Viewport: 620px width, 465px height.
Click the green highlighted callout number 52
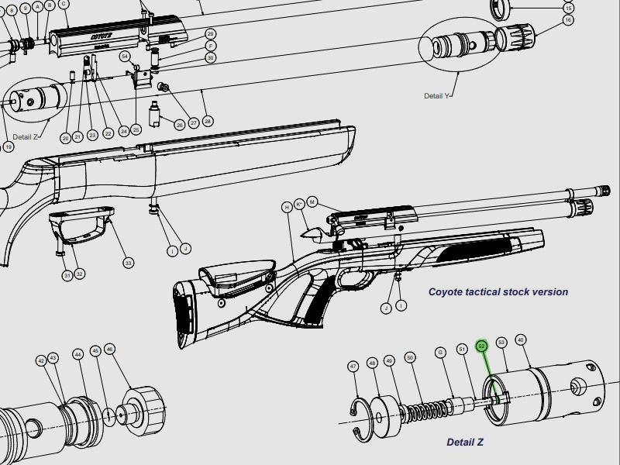click(481, 346)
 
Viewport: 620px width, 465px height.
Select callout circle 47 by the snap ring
click(353, 366)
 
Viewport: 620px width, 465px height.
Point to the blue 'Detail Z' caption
click(465, 443)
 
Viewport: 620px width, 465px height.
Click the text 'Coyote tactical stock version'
click(498, 292)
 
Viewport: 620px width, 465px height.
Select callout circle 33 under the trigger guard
click(129, 263)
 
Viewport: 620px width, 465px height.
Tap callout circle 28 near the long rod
click(207, 122)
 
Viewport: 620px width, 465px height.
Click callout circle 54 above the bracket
click(125, 57)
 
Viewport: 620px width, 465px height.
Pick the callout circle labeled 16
click(568, 19)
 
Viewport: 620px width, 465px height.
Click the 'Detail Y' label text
click(436, 96)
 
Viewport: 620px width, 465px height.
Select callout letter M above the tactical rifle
click(312, 201)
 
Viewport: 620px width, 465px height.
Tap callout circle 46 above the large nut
click(110, 350)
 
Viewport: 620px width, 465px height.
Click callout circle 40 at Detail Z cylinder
click(520, 340)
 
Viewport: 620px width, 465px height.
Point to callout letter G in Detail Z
click(440, 353)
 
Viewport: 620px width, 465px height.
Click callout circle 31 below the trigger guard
click(67, 274)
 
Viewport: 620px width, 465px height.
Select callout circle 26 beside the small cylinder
click(179, 125)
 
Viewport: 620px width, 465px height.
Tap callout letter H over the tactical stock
click(287, 207)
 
